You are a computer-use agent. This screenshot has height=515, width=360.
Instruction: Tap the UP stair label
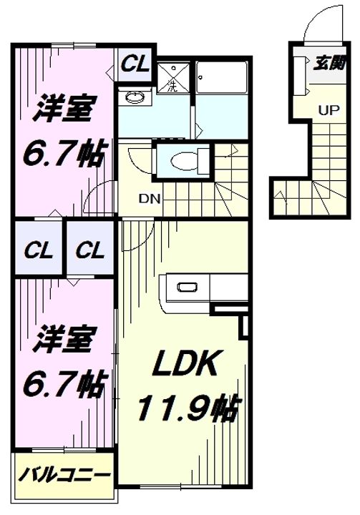[x=328, y=110]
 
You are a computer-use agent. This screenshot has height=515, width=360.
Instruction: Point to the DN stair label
[x=150, y=199]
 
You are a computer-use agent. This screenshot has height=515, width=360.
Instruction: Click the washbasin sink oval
[x=135, y=97]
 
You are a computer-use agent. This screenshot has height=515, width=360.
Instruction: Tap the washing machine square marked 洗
[x=173, y=78]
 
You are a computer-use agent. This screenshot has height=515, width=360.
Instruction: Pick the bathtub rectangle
[x=221, y=78]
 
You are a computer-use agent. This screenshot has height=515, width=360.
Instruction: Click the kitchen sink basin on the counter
[x=187, y=287]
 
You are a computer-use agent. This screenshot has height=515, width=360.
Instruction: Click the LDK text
[x=186, y=363]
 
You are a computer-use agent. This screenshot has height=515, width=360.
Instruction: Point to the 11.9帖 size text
[x=188, y=408]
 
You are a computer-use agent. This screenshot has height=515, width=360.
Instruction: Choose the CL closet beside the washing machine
[x=135, y=64]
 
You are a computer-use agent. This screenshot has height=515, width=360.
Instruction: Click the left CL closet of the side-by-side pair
[x=39, y=250]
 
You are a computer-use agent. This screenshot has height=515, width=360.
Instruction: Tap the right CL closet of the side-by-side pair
[x=90, y=250]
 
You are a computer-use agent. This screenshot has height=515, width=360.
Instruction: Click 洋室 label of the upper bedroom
[x=63, y=109]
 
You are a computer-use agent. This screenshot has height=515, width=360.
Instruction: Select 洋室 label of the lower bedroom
[x=63, y=338]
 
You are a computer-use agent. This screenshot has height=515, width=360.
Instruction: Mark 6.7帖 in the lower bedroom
[x=64, y=384]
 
